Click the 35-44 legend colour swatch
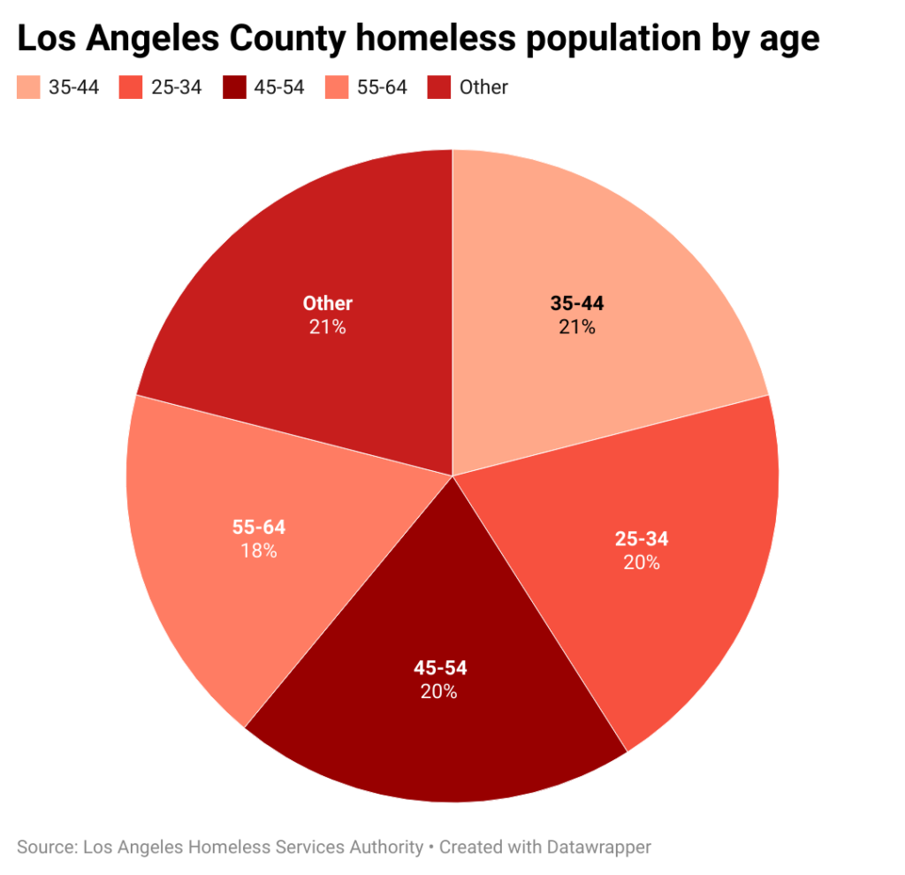27,87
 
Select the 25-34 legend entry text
175,87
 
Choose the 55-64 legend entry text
382,87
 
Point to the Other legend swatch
439,87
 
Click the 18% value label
259,551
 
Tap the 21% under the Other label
327,327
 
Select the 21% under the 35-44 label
577,327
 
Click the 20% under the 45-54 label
439,691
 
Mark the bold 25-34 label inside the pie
642,538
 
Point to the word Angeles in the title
153,40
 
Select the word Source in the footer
45,847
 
